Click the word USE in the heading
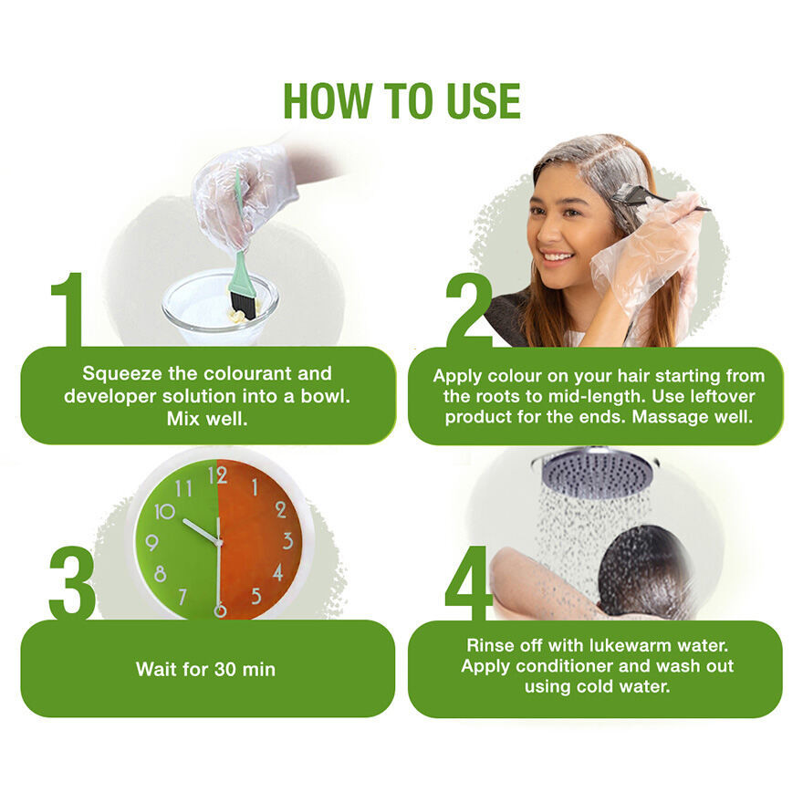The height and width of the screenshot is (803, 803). pos(484,100)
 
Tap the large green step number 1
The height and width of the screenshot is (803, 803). pos(68,309)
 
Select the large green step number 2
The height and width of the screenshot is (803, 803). pos(469,310)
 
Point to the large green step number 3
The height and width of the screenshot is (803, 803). pos(72,583)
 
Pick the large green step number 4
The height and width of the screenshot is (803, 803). pos(468,583)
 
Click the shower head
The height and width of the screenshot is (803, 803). pos(597,472)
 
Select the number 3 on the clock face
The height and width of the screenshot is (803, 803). pos(287,541)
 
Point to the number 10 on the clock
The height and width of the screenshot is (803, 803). pos(164,511)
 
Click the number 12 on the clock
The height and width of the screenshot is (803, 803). pos(217,476)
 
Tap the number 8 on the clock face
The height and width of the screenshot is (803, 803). pos(160,574)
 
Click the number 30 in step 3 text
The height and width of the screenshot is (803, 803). pos(224,670)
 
